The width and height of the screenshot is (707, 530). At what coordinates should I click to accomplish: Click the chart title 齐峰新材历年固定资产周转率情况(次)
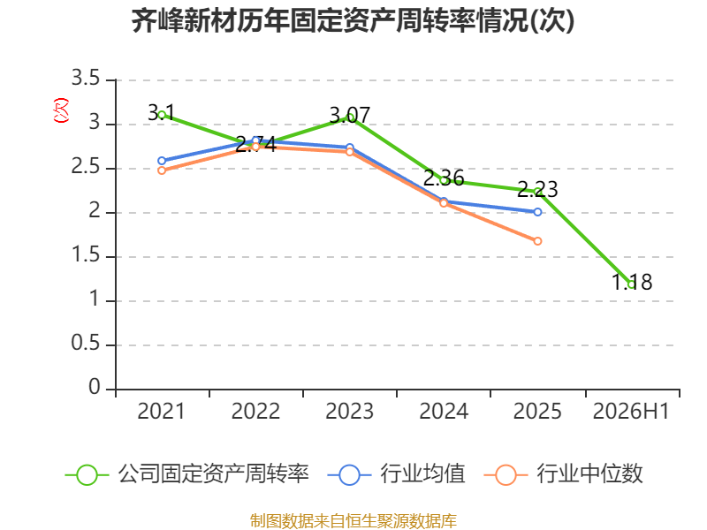coord(353,20)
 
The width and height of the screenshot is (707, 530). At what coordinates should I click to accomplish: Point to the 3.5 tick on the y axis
coord(85,79)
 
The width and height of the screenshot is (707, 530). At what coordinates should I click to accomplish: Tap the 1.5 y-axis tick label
coord(85,255)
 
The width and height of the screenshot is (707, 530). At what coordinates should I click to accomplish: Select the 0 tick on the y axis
coord(95,387)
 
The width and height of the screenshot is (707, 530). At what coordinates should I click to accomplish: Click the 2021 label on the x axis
coord(161,411)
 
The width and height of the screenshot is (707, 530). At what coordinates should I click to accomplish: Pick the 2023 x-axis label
coord(349,411)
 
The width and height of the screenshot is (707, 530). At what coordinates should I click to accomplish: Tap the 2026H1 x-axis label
coord(631,411)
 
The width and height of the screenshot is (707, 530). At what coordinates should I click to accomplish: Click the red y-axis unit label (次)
coord(61,110)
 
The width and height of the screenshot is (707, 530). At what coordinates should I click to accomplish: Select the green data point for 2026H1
coord(632,284)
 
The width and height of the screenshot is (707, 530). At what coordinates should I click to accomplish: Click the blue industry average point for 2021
coord(162,161)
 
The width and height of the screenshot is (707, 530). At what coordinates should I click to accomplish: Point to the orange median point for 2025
coord(537,241)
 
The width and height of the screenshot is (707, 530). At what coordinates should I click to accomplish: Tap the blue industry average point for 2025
coord(537,212)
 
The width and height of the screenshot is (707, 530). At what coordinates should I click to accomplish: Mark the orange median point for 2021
coord(162,170)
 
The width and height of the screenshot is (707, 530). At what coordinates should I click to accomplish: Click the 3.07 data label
coord(349,116)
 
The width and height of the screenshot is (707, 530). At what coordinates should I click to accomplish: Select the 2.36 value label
coord(444,178)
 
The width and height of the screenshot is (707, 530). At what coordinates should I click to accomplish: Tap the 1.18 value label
coord(632,282)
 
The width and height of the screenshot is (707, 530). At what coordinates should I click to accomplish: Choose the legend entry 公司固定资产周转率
coord(187,474)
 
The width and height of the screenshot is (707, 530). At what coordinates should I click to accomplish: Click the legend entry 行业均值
coord(396,474)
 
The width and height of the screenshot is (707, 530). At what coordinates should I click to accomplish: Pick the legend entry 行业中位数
coord(563,474)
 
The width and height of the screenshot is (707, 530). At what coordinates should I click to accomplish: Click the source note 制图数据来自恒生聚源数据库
coord(353,521)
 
